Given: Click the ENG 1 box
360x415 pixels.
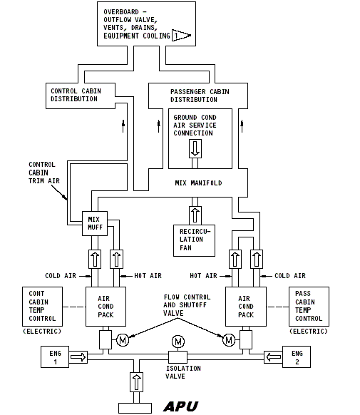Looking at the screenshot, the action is point(55,357).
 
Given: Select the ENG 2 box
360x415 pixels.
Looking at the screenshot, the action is point(297,357).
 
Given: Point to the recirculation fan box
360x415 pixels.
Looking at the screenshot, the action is point(194,240).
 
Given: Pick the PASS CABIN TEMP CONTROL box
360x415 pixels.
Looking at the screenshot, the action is point(309,307).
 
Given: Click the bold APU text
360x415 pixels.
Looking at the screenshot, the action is point(181,406).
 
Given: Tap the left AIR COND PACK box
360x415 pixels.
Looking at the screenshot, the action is point(106,307).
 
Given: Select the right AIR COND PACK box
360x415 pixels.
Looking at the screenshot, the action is point(246,307).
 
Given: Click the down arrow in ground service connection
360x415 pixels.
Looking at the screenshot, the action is point(195,149).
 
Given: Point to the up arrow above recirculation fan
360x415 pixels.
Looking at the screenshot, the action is point(195,215).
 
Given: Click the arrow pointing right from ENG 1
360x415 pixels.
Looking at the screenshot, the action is point(78,357).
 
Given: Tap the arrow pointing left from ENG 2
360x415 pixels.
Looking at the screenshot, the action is point(273,357).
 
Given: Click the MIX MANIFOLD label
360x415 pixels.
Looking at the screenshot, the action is point(198,183).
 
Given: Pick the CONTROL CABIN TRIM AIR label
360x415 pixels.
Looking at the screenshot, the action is point(44,173).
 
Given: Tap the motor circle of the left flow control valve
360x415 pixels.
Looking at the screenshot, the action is point(123,340).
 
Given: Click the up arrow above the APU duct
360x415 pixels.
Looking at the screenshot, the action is point(136,382).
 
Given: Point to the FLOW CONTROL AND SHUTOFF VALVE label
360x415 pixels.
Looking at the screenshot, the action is point(187,305).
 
